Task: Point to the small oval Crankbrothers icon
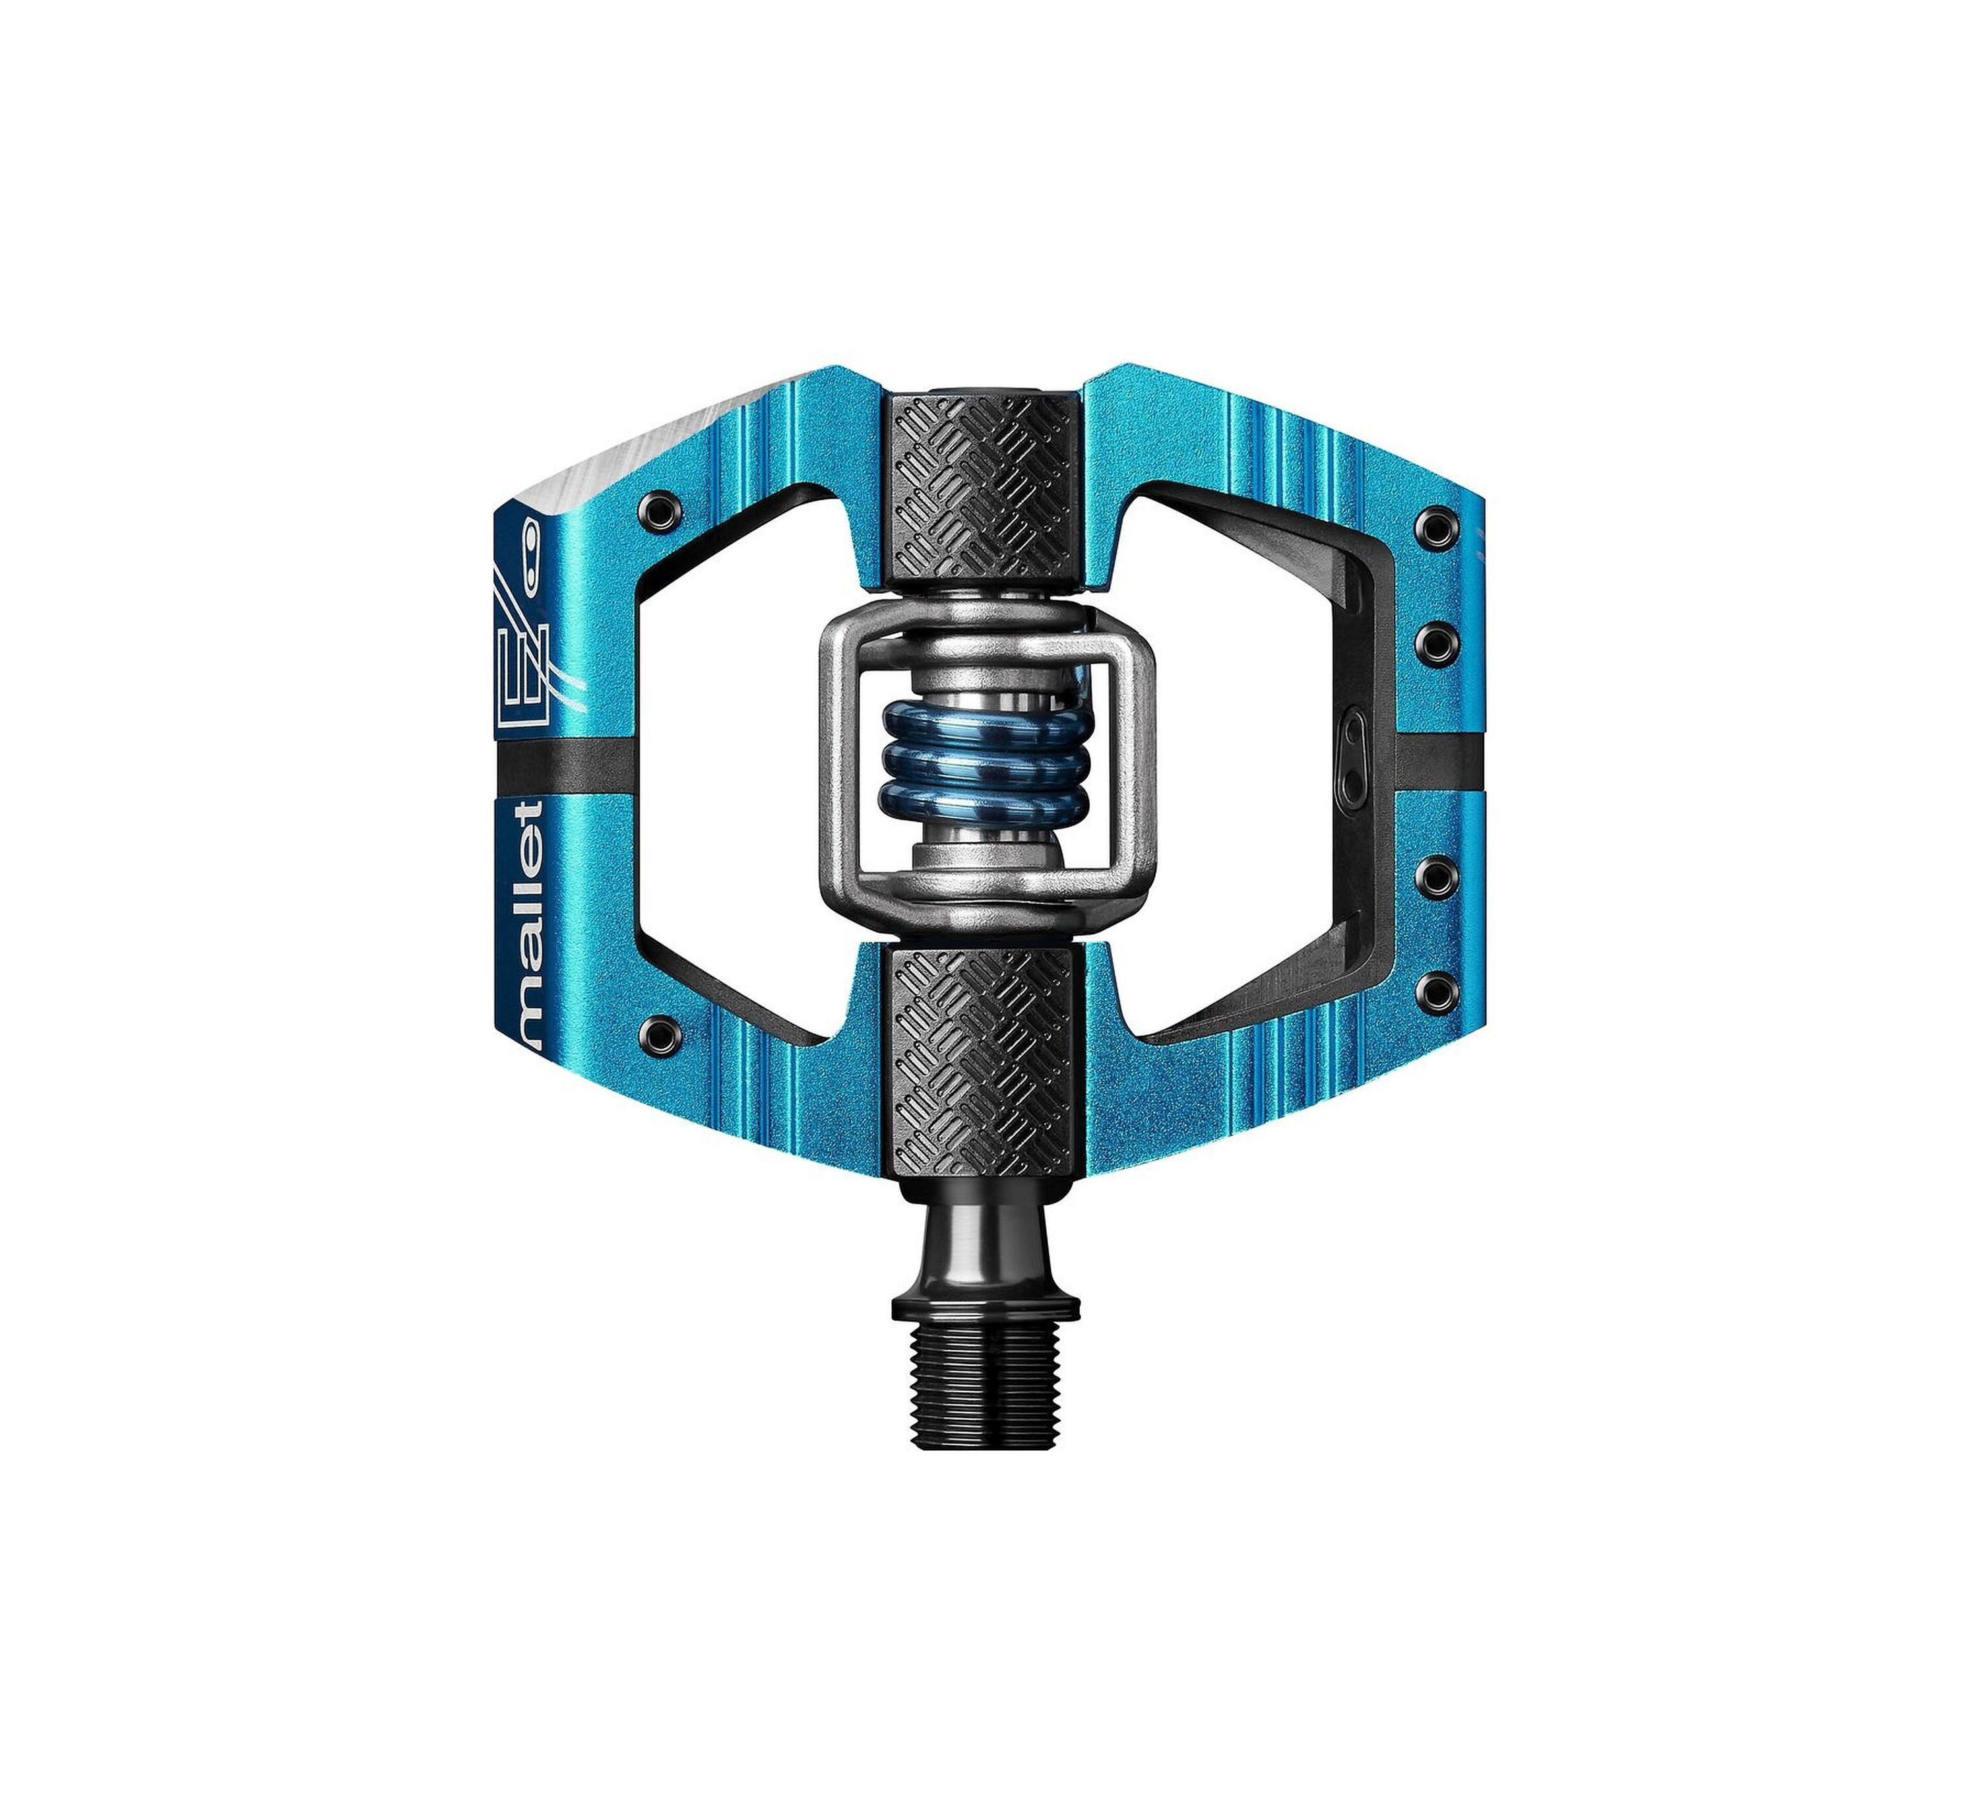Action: [x=531, y=559]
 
